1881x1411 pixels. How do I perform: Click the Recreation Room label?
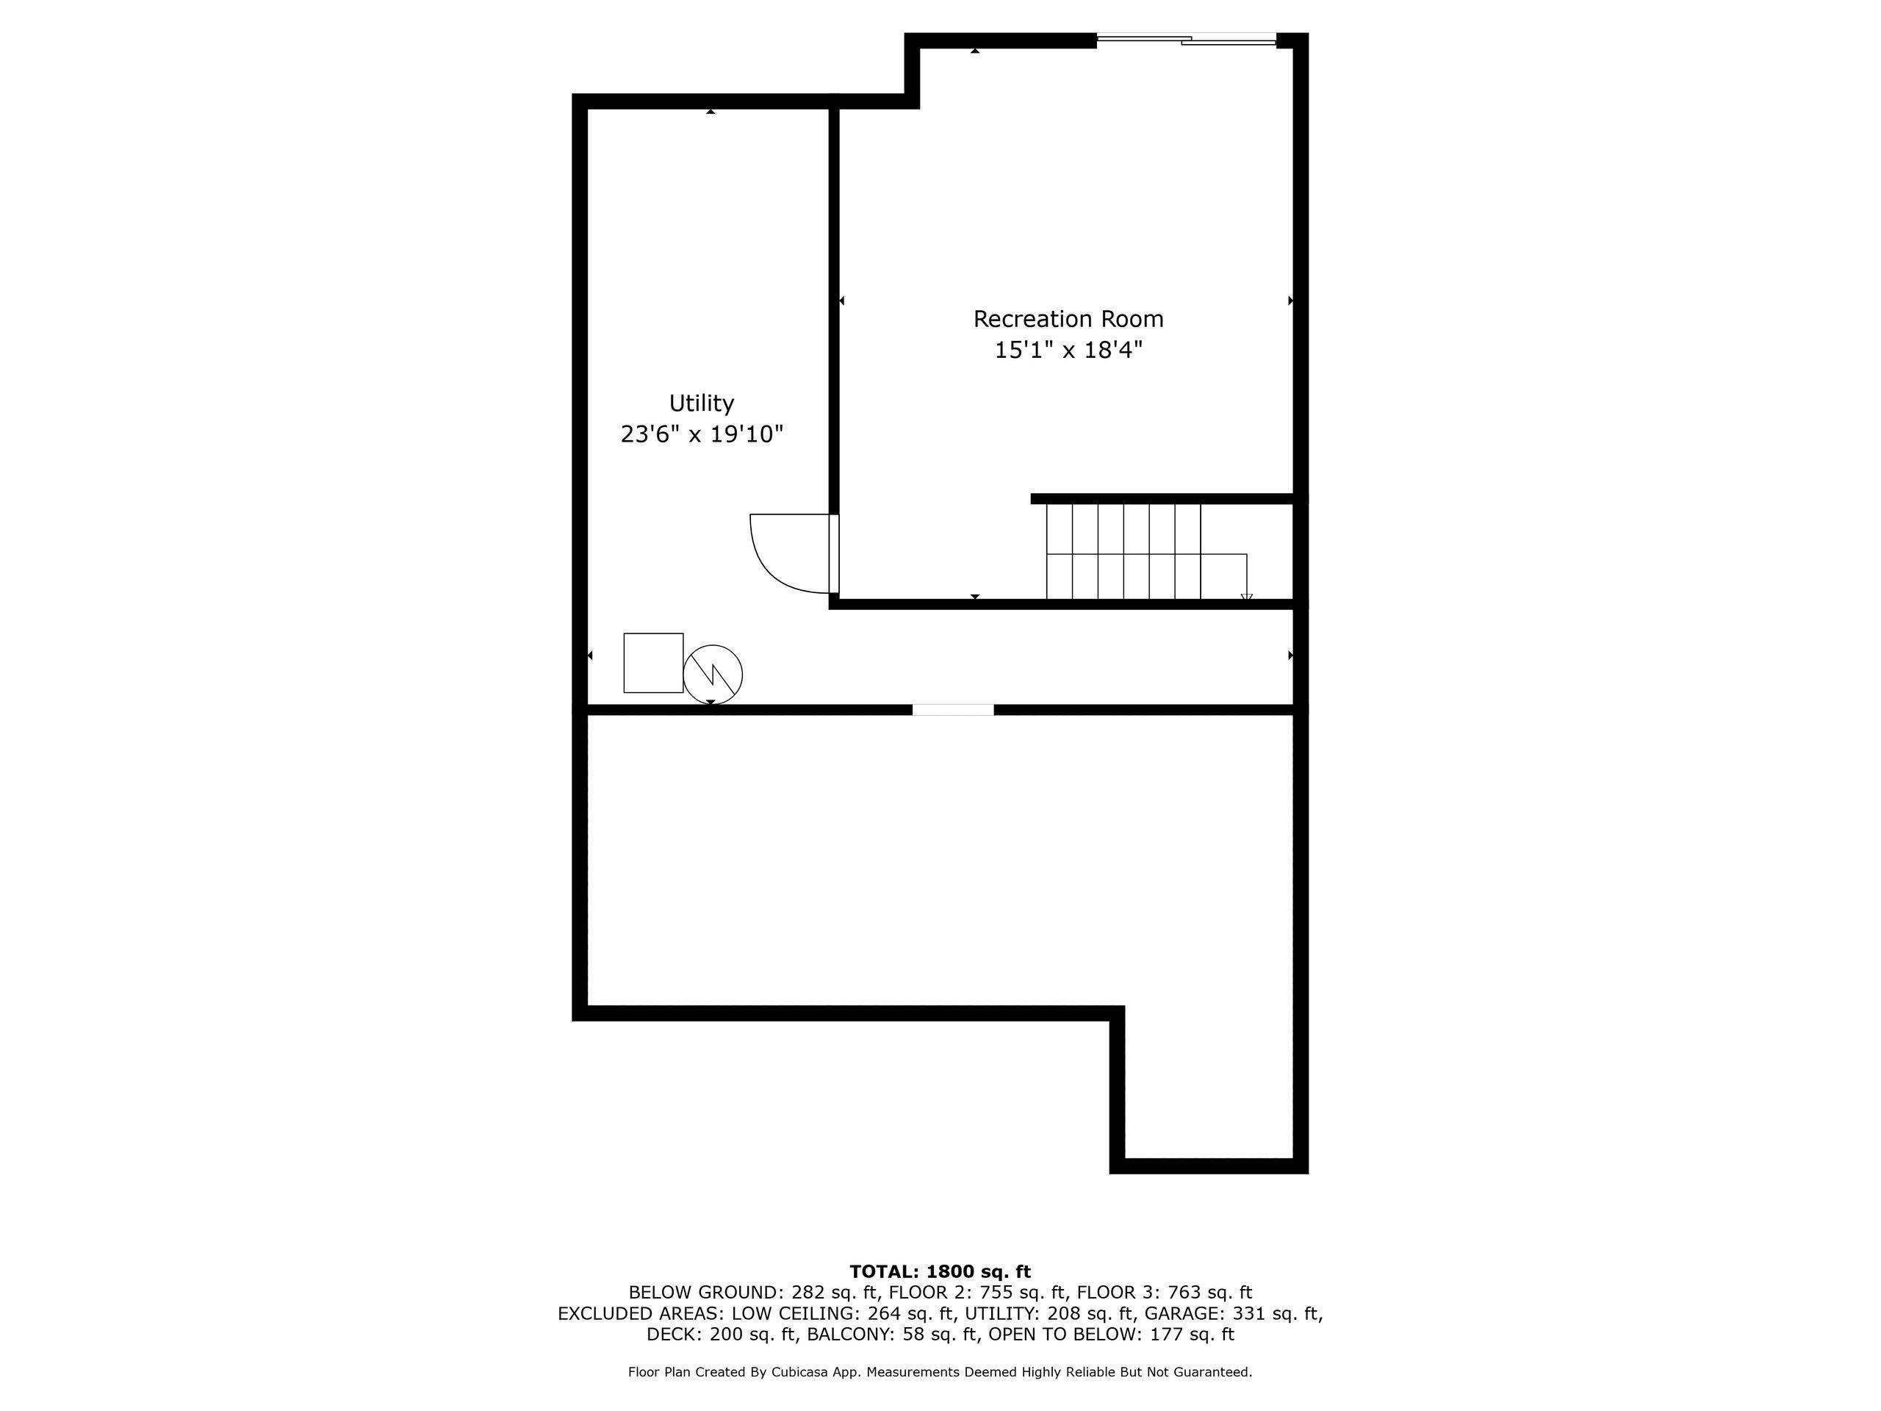[x=1068, y=319]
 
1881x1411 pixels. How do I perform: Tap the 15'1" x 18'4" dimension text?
[x=1068, y=350]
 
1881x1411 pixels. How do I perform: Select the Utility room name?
[x=702, y=404]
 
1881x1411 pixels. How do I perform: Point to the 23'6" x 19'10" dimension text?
[x=702, y=434]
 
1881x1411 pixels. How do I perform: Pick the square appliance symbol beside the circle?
[x=653, y=663]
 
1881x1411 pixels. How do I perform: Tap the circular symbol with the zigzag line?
[x=713, y=675]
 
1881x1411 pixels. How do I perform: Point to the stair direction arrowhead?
[x=1247, y=596]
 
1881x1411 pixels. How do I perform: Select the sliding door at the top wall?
[x=1186, y=38]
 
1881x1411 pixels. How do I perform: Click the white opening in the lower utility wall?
[x=952, y=709]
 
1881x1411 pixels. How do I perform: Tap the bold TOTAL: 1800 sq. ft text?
[x=940, y=1271]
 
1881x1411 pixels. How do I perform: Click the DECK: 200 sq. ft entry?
[x=723, y=1334]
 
